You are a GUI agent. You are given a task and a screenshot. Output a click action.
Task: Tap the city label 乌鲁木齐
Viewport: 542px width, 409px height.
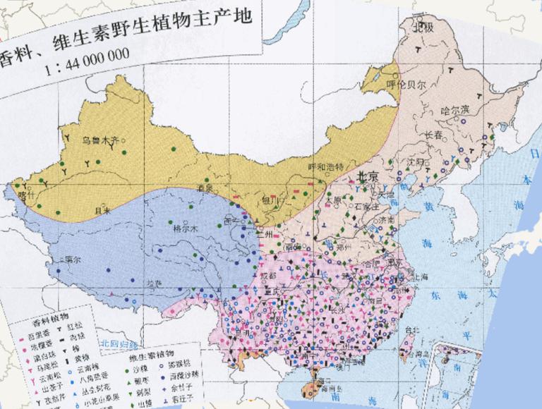[x=98, y=139]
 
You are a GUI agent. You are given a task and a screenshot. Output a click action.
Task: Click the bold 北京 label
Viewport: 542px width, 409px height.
[x=368, y=176]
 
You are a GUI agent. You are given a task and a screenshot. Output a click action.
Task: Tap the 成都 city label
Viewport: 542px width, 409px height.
[x=269, y=276]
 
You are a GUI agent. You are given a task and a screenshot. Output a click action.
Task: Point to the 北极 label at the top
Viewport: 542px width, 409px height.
[x=423, y=29]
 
